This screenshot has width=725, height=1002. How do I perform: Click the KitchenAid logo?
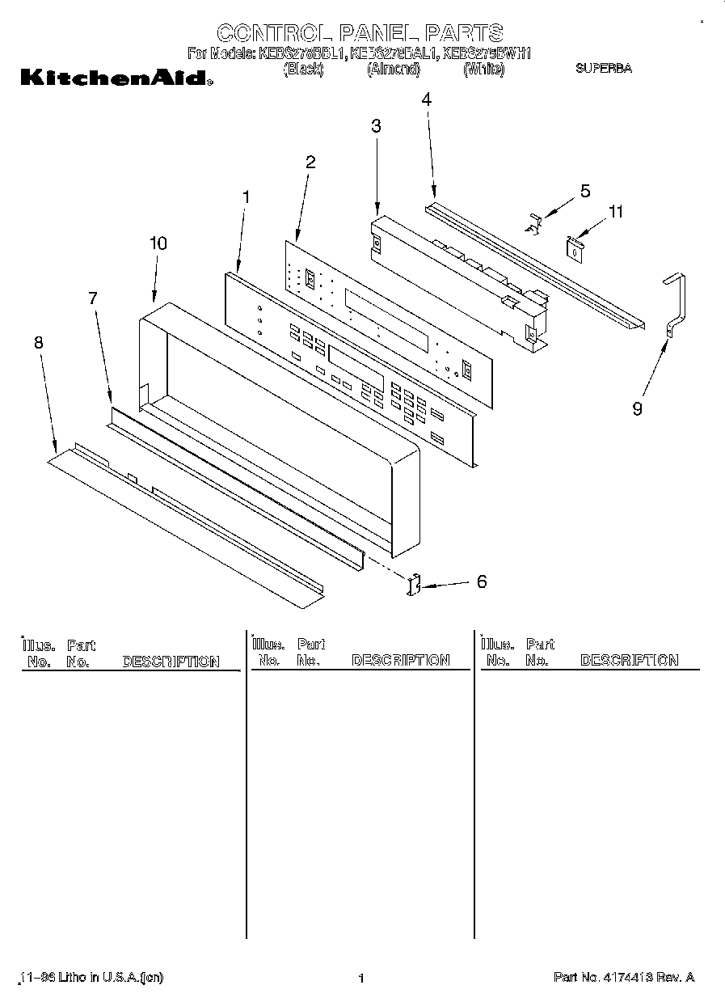coord(116,78)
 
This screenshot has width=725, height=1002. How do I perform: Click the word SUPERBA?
coord(603,69)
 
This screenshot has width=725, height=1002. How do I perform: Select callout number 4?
coord(426,99)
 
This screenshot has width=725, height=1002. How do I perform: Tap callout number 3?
coord(376,125)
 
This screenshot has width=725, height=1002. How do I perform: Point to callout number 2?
coord(310,161)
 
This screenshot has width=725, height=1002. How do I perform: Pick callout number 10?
coord(158,243)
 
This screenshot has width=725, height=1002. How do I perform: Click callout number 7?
coord(92,298)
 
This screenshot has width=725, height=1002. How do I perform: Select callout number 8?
coord(38,342)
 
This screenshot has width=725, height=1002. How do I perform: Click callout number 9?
coord(637,409)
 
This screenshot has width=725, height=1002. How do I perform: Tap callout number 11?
coord(616,212)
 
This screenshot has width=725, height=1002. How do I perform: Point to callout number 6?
coord(482,581)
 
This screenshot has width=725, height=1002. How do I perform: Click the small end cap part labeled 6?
coord(415,585)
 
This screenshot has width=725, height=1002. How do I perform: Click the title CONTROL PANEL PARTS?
coord(360,33)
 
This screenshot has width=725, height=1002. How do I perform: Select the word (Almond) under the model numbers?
coord(394,70)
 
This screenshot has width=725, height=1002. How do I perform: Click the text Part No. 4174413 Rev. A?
coord(623,978)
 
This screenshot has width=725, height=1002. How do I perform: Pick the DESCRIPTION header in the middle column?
coord(401,661)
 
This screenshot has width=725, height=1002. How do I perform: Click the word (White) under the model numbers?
coord(483,70)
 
